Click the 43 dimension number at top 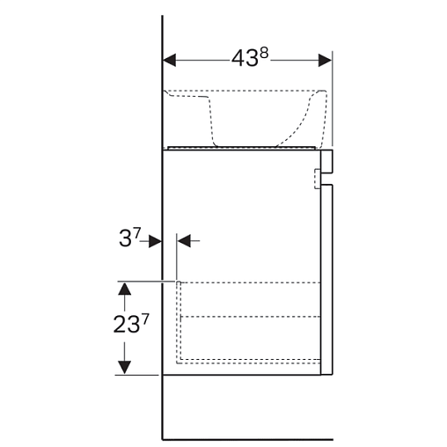245,58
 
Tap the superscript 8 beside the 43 264,54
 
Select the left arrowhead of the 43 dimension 170,61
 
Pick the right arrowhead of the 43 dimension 325,61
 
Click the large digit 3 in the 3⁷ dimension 125,238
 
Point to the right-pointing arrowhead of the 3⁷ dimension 155,241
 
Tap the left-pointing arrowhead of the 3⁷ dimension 184,241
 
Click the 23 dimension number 127,325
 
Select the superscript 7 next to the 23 145,319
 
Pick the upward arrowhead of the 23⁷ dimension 125,289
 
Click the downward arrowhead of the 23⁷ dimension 125,368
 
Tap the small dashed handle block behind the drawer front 318,179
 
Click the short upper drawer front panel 326,161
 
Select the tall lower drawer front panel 326,280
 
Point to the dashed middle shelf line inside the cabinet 250,317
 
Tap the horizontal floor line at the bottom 248,440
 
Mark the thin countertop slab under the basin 242,148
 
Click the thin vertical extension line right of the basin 333,99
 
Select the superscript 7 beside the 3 137,233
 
